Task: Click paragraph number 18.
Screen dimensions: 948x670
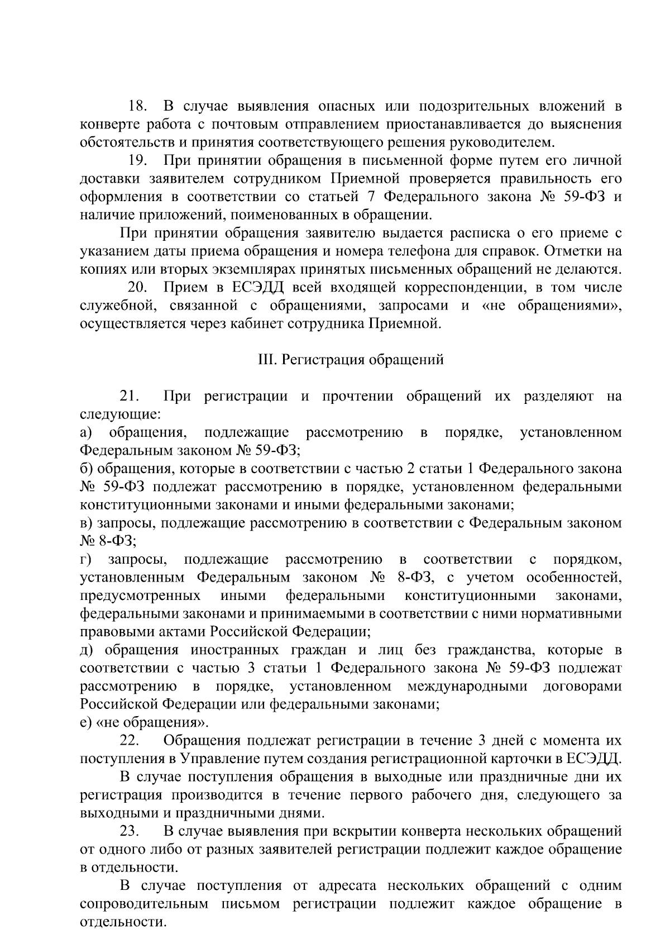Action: point(137,106)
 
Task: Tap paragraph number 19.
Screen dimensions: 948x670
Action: point(137,161)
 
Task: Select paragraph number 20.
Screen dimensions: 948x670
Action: point(137,288)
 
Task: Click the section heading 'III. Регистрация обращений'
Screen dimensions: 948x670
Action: point(350,360)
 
